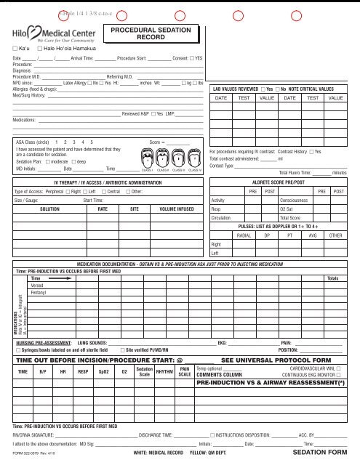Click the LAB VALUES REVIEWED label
tap(234, 87)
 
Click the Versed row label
tap(37, 285)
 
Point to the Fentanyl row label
tap(39, 291)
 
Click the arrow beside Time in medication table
tap(60, 278)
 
